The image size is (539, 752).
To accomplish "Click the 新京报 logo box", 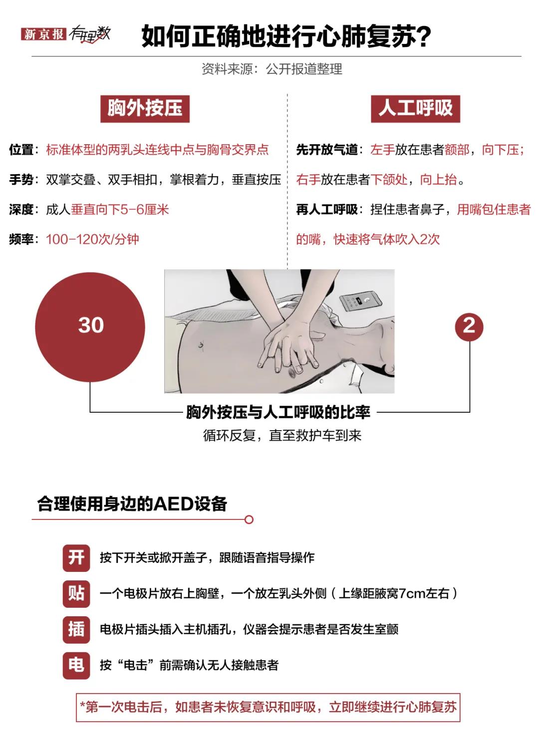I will (43, 34).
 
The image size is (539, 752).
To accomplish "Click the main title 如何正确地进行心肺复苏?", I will (286, 36).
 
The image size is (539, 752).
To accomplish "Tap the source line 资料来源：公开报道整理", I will (271, 69).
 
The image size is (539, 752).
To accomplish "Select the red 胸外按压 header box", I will (145, 108).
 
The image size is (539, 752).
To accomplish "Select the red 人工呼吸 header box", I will (415, 108).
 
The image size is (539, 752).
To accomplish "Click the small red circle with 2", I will (469, 326).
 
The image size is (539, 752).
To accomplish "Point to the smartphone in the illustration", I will (360, 301).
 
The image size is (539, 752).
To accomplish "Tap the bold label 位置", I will (21, 150).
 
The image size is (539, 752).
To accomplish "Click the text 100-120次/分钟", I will (92, 240).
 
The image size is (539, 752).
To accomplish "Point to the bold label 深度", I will (21, 210).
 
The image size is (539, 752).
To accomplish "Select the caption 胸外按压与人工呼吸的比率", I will (278, 412).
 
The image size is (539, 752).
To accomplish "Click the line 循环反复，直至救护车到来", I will (282, 436).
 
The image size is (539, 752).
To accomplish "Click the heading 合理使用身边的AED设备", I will (132, 504).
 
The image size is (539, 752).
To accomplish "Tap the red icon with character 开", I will (76, 557).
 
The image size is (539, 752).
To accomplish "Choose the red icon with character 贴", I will (76, 593).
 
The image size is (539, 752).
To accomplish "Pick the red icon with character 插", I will (76, 629).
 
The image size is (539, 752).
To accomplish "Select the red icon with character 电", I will (76, 665).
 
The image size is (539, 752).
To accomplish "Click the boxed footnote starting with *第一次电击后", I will (268, 707).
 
